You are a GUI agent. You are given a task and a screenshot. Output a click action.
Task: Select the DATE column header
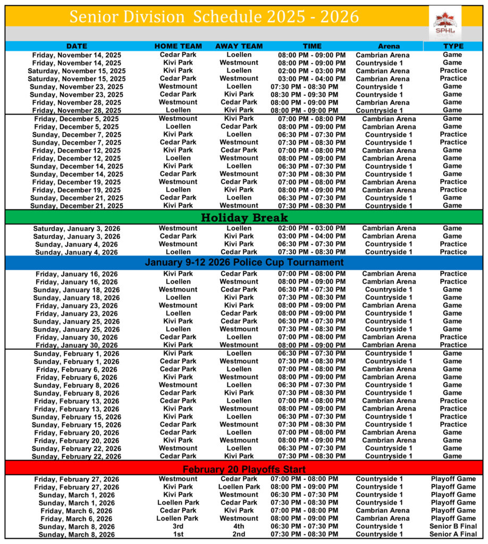click(x=77, y=46)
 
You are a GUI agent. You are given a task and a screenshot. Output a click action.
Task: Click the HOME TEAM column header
click(x=178, y=46)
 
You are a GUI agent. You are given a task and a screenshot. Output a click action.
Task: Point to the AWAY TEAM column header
click(x=239, y=46)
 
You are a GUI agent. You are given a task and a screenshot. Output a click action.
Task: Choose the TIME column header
click(x=312, y=46)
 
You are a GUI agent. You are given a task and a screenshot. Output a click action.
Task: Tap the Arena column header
click(x=389, y=46)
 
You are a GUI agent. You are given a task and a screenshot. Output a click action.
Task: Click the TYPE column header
click(x=453, y=46)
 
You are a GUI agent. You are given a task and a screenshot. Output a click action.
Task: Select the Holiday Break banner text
click(x=244, y=217)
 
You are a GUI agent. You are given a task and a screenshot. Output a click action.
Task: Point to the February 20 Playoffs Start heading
click(x=244, y=469)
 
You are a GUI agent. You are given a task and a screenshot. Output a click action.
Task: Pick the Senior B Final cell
click(x=453, y=526)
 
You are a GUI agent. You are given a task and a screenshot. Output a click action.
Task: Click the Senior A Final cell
click(x=453, y=534)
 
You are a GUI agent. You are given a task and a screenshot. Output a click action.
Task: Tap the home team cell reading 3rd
click(x=178, y=526)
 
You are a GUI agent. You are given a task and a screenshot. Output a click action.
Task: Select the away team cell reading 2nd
click(x=239, y=534)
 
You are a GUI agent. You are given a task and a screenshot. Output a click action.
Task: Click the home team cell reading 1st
click(x=178, y=534)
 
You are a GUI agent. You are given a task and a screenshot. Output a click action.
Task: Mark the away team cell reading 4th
click(x=239, y=526)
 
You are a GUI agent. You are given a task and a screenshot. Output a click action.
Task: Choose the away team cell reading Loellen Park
click(x=239, y=487)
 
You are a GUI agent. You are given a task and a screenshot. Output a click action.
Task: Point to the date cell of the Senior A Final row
click(x=77, y=534)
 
